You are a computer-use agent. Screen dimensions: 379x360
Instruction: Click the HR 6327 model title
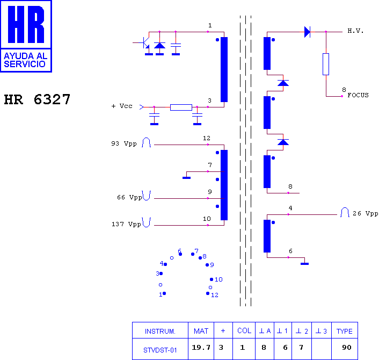pyautogui.click(x=37, y=99)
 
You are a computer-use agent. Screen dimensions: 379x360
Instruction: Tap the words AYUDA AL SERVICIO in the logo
pyautogui.click(x=25, y=60)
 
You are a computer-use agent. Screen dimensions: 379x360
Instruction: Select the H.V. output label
pyautogui.click(x=355, y=31)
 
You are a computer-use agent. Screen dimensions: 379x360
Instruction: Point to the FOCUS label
pyautogui.click(x=358, y=95)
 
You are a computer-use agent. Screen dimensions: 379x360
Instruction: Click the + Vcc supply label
pyautogui.click(x=122, y=106)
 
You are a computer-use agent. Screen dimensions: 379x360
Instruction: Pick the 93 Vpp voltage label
pyautogui.click(x=124, y=143)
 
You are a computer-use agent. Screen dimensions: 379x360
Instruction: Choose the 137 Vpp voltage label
pyautogui.click(x=126, y=224)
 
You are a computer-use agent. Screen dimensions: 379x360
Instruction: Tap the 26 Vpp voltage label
pyautogui.click(x=365, y=213)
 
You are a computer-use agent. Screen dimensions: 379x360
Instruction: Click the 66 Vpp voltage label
pyautogui.click(x=129, y=197)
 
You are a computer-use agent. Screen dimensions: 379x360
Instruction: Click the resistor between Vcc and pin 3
pyautogui.click(x=181, y=107)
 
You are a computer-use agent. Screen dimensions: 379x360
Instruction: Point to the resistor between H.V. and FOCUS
pyautogui.click(x=326, y=64)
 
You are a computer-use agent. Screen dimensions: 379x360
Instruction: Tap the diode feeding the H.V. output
pyautogui.click(x=307, y=32)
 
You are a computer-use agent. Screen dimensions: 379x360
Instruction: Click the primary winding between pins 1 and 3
pyautogui.click(x=224, y=69)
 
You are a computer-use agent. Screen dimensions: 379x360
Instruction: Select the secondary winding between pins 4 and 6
pyautogui.click(x=267, y=236)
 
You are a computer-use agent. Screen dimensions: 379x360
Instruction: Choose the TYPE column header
pyautogui.click(x=345, y=330)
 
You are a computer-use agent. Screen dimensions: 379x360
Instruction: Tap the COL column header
pyautogui.click(x=244, y=330)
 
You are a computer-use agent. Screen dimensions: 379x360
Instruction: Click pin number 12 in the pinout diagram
pyautogui.click(x=214, y=295)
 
